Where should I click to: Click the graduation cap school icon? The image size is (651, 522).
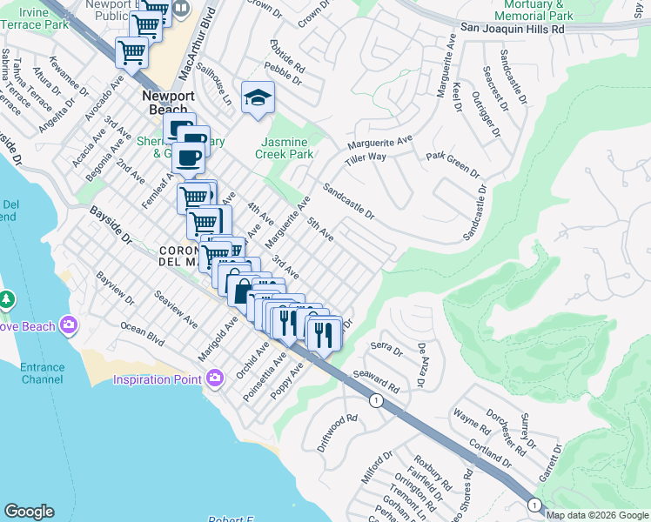258,98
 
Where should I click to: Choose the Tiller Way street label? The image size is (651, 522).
365,157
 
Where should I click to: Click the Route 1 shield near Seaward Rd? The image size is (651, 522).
376,400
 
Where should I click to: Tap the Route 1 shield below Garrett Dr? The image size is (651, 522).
534,504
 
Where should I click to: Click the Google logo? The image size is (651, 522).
29,512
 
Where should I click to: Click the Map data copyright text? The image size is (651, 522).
597,514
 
